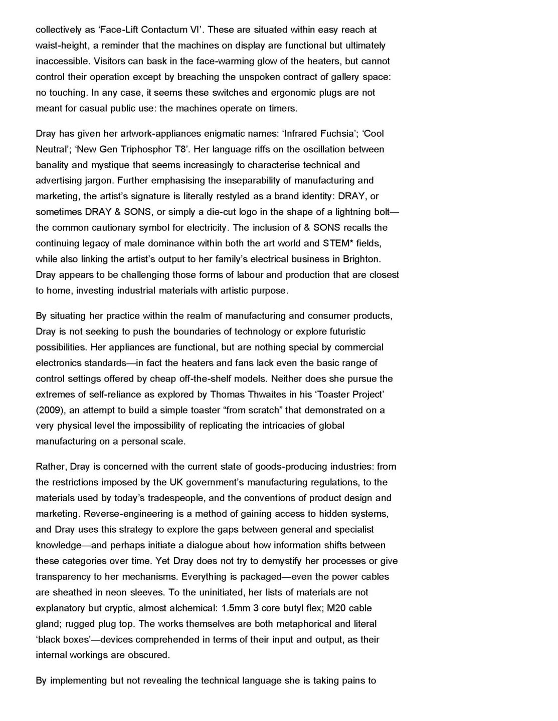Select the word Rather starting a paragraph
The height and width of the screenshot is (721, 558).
51,467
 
